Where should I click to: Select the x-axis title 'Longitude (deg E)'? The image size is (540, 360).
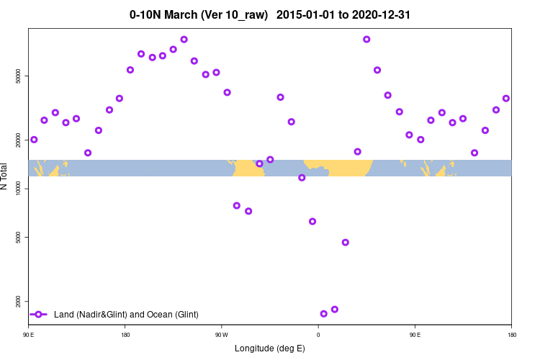pos(270,348)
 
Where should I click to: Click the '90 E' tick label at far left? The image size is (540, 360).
pos(29,335)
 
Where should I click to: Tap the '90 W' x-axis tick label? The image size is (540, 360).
pos(221,335)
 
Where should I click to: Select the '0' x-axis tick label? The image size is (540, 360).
pos(318,335)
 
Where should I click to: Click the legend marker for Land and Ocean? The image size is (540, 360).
pos(39,315)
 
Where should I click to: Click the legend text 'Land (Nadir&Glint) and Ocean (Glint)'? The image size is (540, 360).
pos(126,315)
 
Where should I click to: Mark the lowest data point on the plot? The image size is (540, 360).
pos(324,314)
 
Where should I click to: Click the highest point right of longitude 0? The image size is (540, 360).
pos(366,40)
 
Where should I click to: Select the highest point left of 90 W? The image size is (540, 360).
pos(184,40)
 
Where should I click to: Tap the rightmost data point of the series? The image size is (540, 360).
pos(506,99)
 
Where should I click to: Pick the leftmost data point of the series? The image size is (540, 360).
pos(34,140)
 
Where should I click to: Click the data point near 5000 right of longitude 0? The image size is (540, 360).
pos(346,243)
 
